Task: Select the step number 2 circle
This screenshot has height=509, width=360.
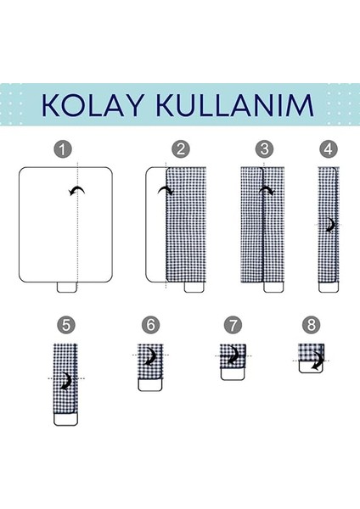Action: coord(180,149)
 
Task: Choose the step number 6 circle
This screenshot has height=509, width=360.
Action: coord(150,324)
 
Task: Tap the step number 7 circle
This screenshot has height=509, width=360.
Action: coord(233,324)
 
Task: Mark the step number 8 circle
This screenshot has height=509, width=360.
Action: coord(311,324)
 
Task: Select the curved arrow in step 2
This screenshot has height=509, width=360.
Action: coord(165,193)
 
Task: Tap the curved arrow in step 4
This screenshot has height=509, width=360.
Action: coord(329,224)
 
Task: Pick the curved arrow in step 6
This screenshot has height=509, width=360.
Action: coord(153,355)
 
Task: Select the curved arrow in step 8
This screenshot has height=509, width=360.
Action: coord(317,363)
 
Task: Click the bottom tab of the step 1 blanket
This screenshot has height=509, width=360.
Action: coord(68,287)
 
